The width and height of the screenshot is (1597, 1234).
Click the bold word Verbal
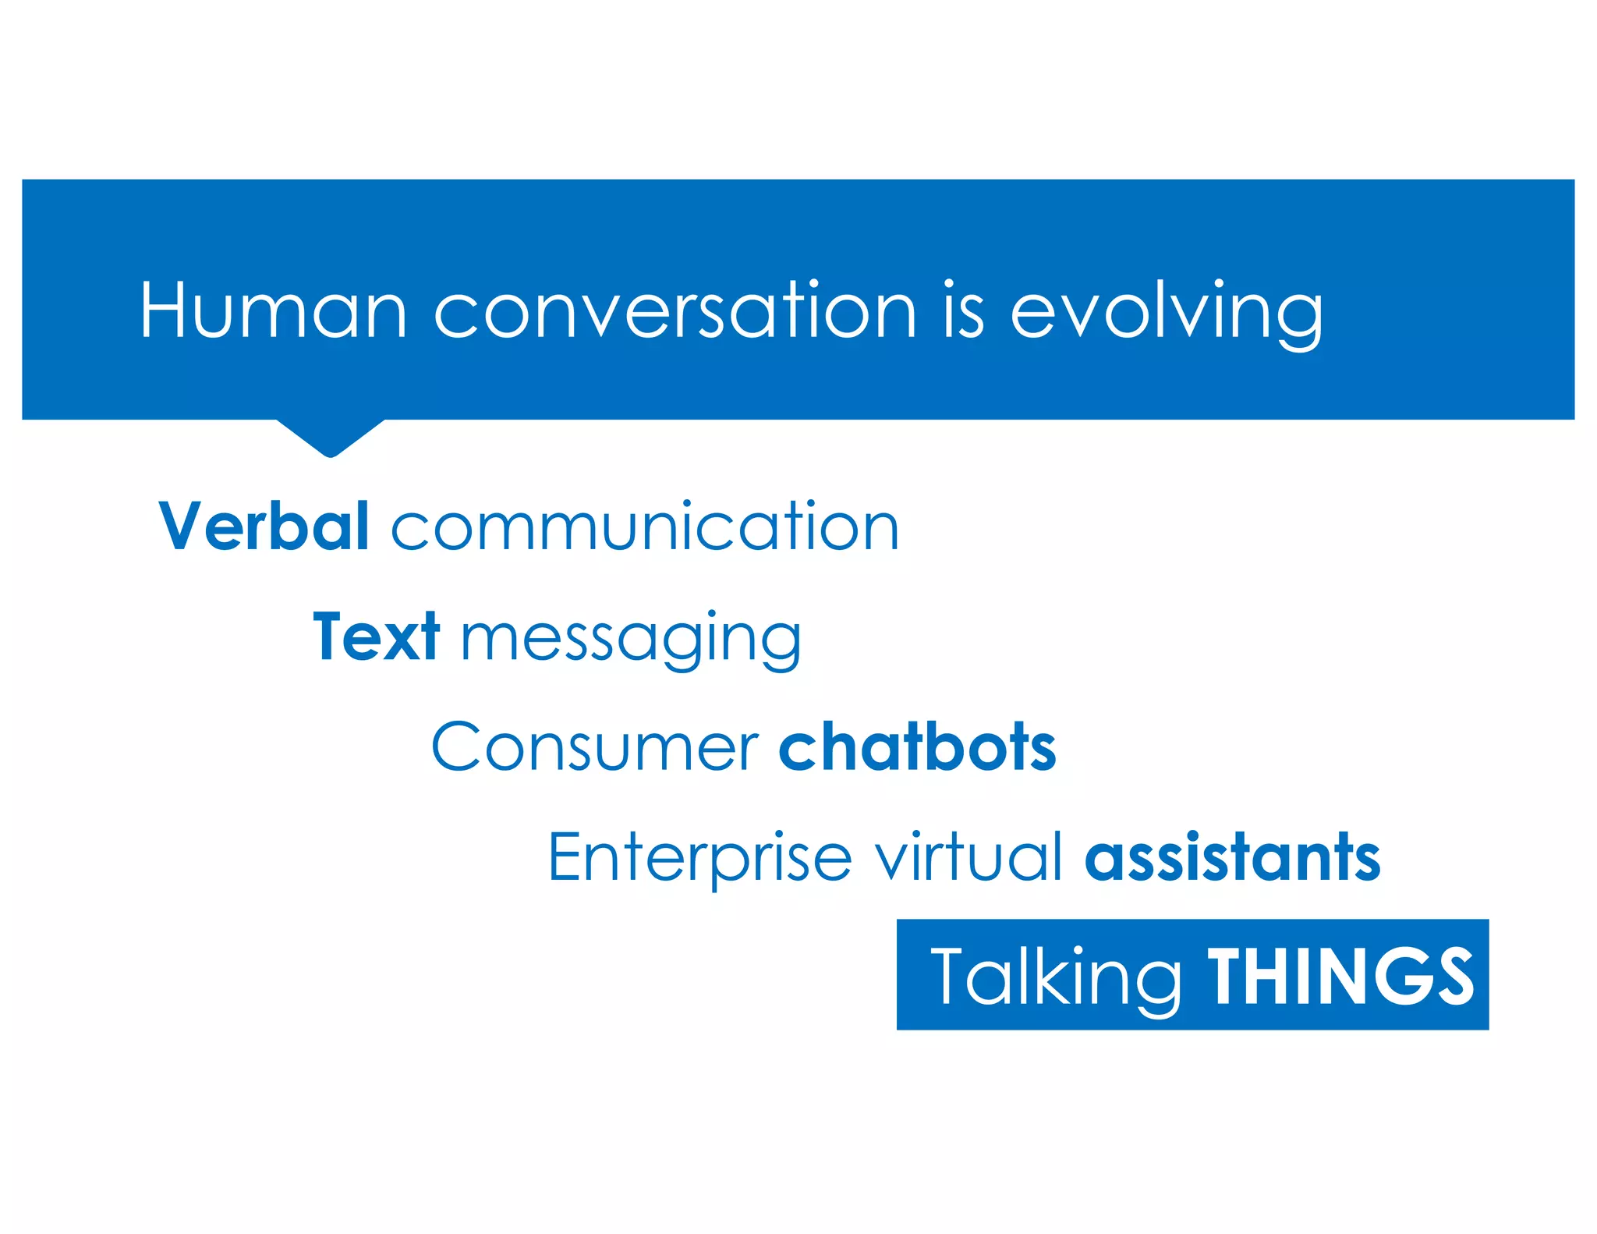coord(264,527)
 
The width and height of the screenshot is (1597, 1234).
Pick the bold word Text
coord(376,637)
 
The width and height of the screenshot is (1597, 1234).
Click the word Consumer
coord(594,747)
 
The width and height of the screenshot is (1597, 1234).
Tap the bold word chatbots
coord(917,747)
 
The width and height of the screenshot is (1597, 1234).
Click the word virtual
coord(968,856)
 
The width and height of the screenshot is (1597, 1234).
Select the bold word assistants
coord(1232,856)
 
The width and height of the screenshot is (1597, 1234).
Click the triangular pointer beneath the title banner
coord(331,437)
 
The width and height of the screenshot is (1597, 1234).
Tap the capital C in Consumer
coord(455,747)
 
